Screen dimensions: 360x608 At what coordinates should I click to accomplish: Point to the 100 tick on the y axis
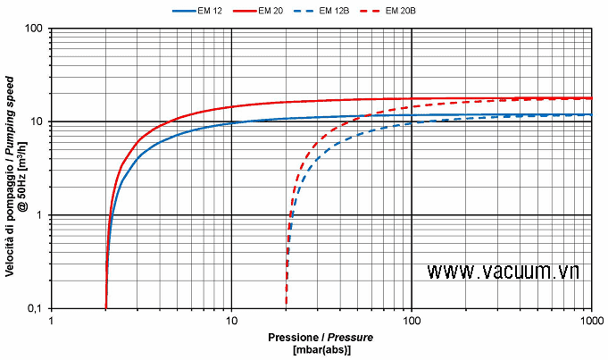36,29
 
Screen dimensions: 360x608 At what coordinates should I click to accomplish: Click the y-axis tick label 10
38,121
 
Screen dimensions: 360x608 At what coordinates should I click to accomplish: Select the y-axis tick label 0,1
36,308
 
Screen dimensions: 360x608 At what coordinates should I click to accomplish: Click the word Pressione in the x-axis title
292,338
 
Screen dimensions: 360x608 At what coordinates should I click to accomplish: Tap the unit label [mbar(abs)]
322,349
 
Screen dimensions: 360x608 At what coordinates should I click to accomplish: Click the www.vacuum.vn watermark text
503,271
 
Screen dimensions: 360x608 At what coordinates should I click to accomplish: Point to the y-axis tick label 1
41,215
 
